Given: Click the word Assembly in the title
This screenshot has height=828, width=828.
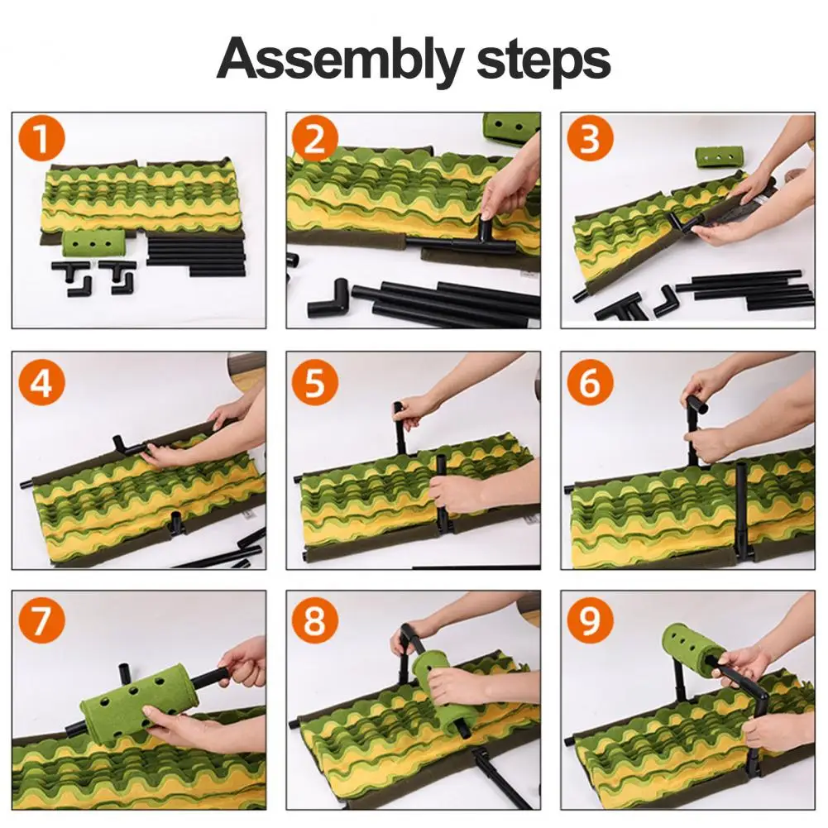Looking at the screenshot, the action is [340, 60].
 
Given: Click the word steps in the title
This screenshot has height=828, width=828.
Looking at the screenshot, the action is [543, 60].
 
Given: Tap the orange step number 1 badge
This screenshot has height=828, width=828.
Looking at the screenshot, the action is [41, 139].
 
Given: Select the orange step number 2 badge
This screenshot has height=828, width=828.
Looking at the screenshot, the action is [314, 139].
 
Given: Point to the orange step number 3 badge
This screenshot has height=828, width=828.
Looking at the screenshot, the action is [590, 139].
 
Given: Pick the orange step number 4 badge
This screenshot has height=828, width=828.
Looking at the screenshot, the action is [41, 383].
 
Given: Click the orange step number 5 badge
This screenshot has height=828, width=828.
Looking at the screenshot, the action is [314, 383].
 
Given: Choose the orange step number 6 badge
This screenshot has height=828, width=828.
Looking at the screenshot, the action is [590, 383].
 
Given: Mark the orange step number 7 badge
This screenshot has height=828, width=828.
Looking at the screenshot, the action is [41, 621].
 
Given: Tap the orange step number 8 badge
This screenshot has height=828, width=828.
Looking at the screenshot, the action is [314, 621].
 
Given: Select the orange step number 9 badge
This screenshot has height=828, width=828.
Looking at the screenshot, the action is [590, 621].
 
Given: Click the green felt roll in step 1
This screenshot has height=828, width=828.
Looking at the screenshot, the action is [93, 243].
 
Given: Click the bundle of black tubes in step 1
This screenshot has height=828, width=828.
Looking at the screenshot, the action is [196, 256].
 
